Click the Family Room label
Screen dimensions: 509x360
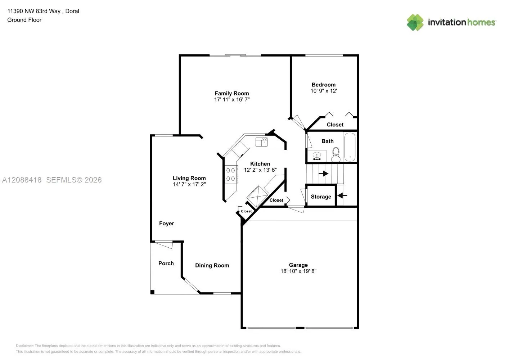pyautogui.click(x=232, y=93)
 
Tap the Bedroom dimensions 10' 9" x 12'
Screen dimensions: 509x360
pyautogui.click(x=324, y=91)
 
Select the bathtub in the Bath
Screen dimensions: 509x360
pyautogui.click(x=350, y=147)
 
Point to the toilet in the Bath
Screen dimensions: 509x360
pyautogui.click(x=336, y=154)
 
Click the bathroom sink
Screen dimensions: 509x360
pyautogui.click(x=317, y=156)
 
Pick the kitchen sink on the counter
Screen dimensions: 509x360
pyautogui.click(x=262, y=142)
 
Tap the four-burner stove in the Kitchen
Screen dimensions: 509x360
pyautogui.click(x=231, y=174)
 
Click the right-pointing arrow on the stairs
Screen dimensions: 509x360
pyautogui.click(x=323, y=174)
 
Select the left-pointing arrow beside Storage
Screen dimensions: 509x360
pyautogui.click(x=342, y=195)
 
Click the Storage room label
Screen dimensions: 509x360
pyautogui.click(x=321, y=197)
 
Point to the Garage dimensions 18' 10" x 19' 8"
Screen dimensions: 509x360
pyautogui.click(x=298, y=271)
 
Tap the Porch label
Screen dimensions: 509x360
pyautogui.click(x=166, y=264)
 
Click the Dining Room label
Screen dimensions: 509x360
pyautogui.click(x=212, y=265)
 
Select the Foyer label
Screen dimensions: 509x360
pyautogui.click(x=167, y=224)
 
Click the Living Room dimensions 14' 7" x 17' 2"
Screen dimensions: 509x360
pyautogui.click(x=189, y=184)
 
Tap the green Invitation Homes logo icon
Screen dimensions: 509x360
pyautogui.click(x=415, y=22)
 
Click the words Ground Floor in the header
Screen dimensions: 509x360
pyautogui.click(x=24, y=20)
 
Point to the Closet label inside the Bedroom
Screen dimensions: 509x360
pyautogui.click(x=335, y=125)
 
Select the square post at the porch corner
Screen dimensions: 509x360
pyautogui.click(x=153, y=292)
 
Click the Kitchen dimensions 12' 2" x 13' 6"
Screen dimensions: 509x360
pyautogui.click(x=260, y=170)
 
